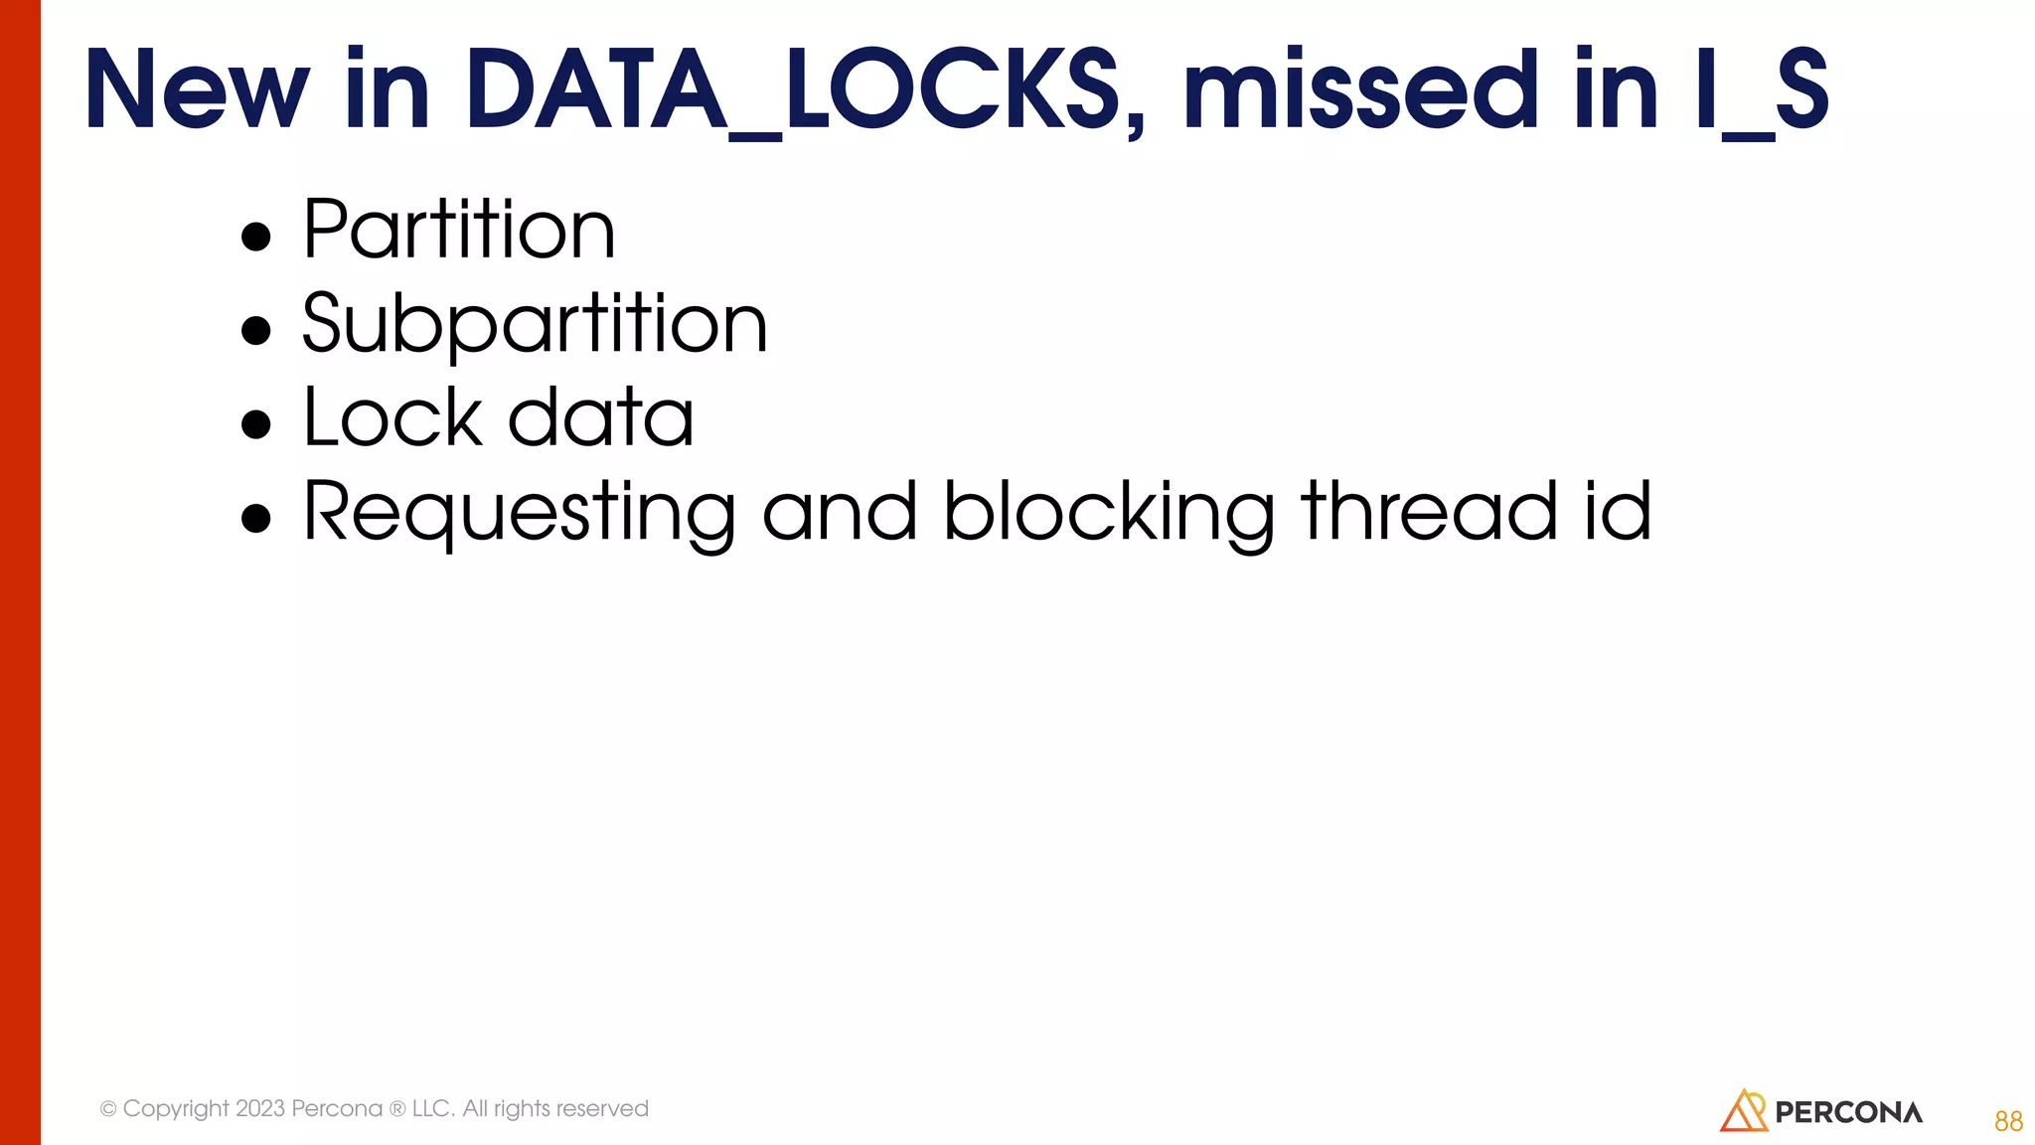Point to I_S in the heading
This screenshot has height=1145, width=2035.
1761,91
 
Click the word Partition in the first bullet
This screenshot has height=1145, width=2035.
459,230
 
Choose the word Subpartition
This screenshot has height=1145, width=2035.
535,324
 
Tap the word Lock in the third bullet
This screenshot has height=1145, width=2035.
392,417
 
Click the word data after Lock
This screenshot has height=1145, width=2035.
600,417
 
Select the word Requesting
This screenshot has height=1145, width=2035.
519,512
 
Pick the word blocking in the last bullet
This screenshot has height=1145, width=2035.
1109,512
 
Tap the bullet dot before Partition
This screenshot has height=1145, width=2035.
256,237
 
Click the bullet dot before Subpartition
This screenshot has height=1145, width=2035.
256,330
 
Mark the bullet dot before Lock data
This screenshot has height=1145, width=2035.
256,424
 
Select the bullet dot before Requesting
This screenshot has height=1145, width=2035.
256,518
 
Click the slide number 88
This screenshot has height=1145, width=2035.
2008,1121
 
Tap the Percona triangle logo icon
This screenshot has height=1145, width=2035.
1744,1111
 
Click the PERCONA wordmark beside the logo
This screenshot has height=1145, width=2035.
1848,1112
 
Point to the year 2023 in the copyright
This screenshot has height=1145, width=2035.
260,1108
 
